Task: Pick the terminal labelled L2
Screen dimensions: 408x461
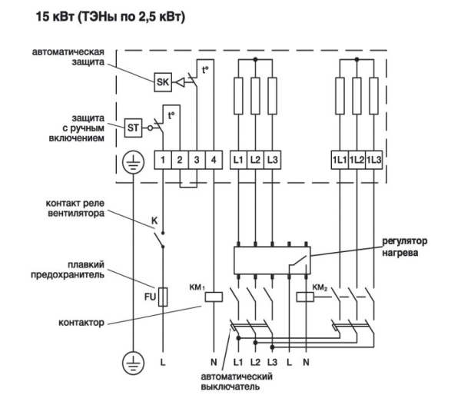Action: tap(256, 160)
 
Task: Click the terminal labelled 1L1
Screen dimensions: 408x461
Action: tap(339, 160)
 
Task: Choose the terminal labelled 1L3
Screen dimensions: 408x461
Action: tap(373, 160)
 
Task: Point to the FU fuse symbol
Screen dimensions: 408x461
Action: tap(163, 296)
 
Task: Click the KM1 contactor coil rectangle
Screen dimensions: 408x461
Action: tap(217, 296)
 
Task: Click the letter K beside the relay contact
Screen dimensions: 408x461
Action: tap(154, 221)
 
